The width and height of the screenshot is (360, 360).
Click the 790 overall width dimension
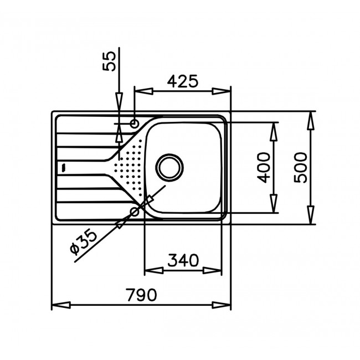(x=141, y=294)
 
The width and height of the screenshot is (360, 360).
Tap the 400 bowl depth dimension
(x=264, y=168)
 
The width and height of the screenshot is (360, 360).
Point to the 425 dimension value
(x=182, y=81)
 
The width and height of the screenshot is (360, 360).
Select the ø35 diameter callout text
(x=84, y=243)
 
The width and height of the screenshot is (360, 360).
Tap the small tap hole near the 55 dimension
(x=134, y=123)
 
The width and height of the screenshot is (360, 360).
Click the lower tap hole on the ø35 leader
(x=134, y=212)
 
